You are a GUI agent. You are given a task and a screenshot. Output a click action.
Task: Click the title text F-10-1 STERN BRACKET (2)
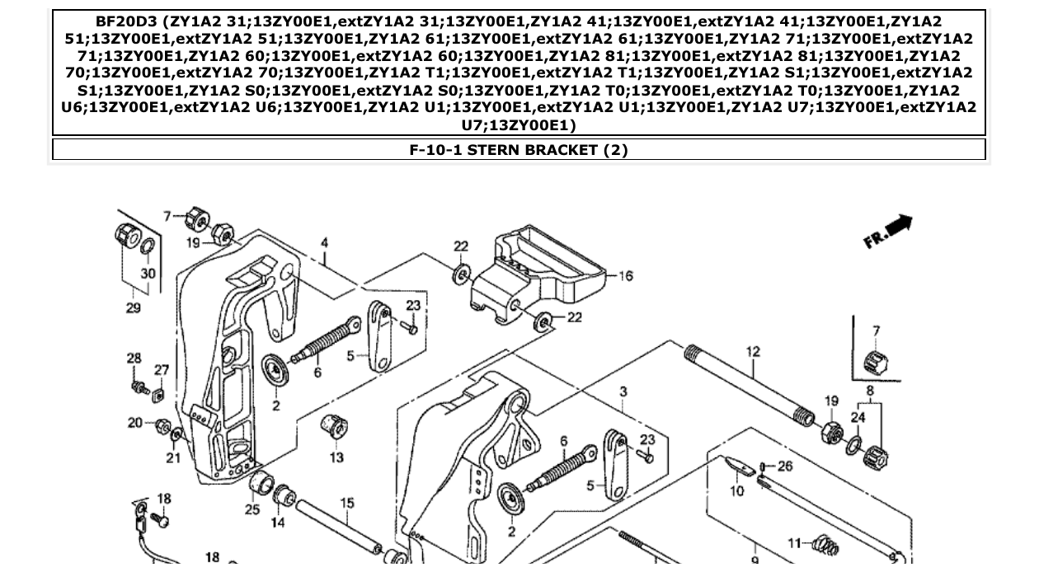519,150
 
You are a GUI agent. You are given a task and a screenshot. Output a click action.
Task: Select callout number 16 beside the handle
625,276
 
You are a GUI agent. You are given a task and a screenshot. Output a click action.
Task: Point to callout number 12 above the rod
753,352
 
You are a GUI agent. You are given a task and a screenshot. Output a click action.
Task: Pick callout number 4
325,243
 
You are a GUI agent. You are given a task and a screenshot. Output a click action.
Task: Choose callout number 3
624,391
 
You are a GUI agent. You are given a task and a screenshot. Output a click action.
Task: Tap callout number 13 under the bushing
336,457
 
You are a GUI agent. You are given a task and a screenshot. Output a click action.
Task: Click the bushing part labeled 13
334,428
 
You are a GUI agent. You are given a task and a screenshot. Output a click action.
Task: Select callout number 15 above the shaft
347,503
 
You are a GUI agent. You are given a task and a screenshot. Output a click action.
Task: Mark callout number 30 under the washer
148,274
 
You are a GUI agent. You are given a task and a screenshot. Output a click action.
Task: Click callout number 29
133,307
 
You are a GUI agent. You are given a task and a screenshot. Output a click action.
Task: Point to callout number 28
134,358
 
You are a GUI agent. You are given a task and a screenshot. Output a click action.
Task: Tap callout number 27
162,370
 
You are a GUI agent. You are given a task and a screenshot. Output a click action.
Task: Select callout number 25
252,509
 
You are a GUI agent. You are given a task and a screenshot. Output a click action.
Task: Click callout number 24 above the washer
858,418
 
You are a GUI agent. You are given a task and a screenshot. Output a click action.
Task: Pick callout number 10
737,491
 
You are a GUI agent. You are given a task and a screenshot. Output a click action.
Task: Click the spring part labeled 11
825,545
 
